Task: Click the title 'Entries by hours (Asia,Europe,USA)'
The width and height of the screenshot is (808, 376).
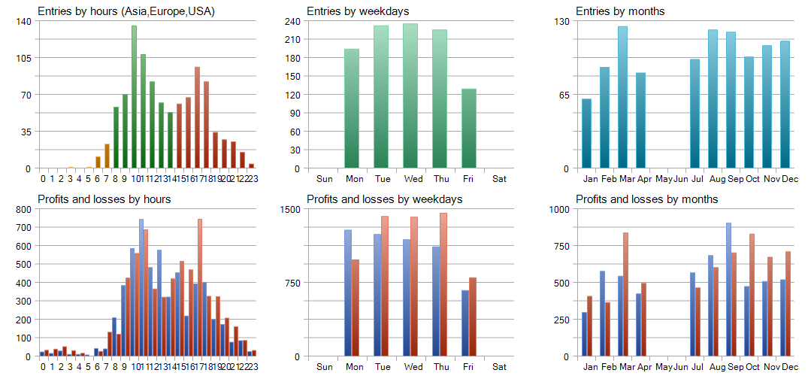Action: click(x=126, y=11)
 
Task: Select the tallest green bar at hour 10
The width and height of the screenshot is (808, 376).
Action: click(x=134, y=97)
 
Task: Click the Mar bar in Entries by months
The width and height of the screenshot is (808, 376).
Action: click(x=622, y=97)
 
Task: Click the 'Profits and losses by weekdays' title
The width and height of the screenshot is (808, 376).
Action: click(x=384, y=199)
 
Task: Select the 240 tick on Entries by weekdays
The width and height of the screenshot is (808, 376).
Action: click(x=294, y=21)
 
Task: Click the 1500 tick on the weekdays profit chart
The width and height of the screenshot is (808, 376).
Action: click(x=291, y=209)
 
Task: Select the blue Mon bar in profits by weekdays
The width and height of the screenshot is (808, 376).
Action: click(x=348, y=293)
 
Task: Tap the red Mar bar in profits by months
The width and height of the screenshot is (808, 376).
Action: click(x=625, y=294)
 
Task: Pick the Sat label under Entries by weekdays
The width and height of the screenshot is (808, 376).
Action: click(x=499, y=179)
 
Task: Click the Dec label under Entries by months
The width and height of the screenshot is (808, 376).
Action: click(x=789, y=179)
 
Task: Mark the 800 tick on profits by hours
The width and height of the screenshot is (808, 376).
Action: click(x=23, y=209)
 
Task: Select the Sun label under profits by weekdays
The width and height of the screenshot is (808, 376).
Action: click(x=325, y=367)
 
